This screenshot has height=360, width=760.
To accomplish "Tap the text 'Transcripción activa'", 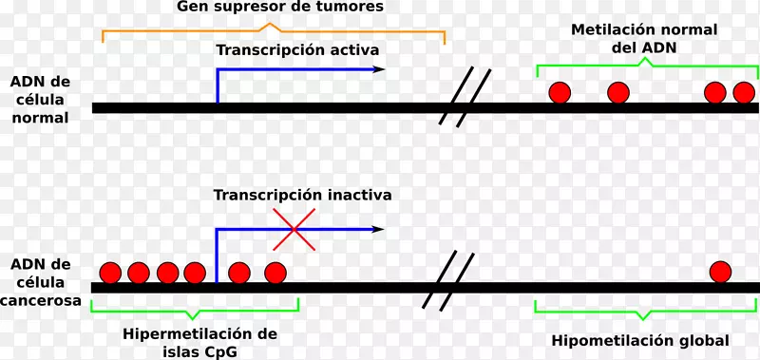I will point(297,50).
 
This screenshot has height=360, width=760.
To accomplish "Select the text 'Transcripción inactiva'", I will point(302,196).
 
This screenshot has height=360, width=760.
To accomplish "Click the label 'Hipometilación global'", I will point(640,340).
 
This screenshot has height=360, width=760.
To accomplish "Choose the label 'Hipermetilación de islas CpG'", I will point(199,342).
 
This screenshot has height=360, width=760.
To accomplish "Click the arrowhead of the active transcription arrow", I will point(379,69).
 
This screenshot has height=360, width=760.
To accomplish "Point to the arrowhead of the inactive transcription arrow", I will point(379,229).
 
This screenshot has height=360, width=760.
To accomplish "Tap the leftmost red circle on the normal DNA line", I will point(560,92).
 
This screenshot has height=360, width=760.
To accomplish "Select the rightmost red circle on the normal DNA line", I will point(743,92).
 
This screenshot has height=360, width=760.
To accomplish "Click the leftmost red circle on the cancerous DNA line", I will point(110,274).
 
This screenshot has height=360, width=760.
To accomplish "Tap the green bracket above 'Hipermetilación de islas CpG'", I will point(195,309).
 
